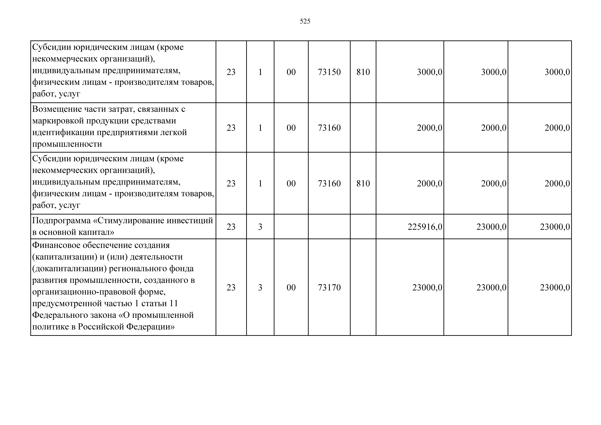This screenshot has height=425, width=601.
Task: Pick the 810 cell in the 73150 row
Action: (x=363, y=72)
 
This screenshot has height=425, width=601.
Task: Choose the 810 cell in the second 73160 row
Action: (x=363, y=183)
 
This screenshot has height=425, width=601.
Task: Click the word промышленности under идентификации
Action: (x=67, y=144)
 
